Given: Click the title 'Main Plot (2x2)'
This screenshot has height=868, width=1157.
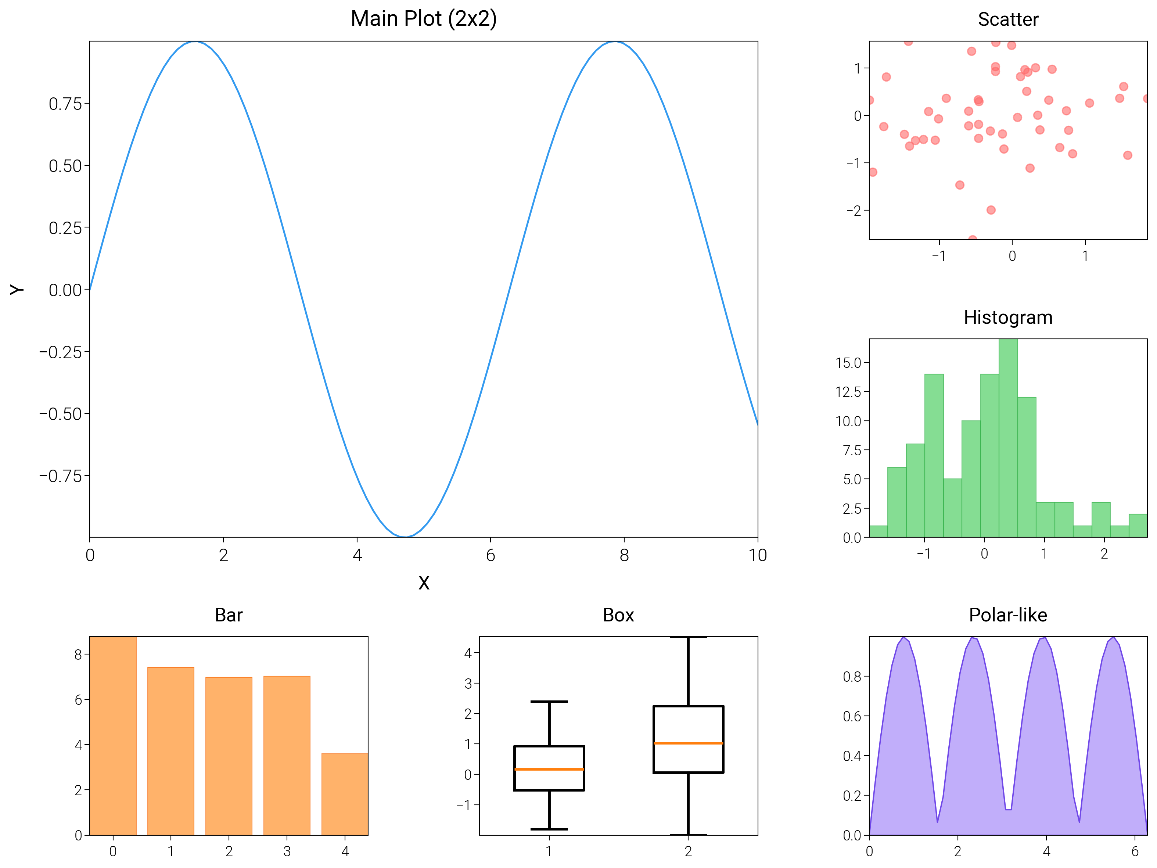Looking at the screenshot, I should [x=423, y=19].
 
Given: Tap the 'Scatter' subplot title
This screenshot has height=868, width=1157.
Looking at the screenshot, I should [x=1007, y=19].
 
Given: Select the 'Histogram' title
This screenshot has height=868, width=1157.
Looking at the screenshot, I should [x=1007, y=318].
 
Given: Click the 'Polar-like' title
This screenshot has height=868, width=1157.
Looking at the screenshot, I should [x=1007, y=615].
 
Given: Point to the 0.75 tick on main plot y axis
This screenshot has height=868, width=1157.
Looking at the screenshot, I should [x=65, y=104].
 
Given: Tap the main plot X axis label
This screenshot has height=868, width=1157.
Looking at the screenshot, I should [x=424, y=583].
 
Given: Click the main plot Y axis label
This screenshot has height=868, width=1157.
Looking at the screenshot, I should [x=17, y=289].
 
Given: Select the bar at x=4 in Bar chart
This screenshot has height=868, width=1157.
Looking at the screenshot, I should [x=345, y=794].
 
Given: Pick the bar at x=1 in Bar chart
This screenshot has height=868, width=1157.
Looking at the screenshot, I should [x=170, y=751].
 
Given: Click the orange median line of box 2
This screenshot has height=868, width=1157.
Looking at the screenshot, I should [x=688, y=743].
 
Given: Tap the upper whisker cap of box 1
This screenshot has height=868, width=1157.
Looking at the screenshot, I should [x=549, y=702].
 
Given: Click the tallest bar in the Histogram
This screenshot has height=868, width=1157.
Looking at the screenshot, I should [x=1008, y=440].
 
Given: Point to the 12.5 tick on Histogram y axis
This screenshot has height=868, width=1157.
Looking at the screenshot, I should [x=848, y=392].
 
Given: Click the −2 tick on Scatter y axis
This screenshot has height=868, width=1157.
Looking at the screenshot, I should [x=853, y=210].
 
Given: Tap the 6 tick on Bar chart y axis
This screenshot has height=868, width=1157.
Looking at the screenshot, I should [x=79, y=700].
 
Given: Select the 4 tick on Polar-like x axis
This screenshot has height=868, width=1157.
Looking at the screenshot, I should [x=1046, y=851].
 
